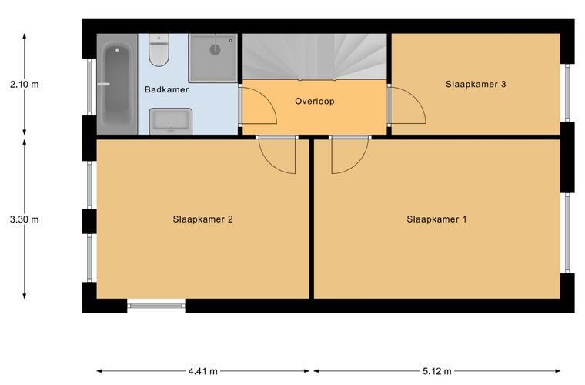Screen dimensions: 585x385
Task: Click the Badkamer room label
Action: tap(166, 89)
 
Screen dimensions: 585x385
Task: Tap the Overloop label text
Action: tap(315, 101)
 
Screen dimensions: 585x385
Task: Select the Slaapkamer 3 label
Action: tap(476, 84)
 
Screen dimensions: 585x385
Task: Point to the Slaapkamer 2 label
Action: tap(202, 219)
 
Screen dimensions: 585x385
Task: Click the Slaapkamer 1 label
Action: tap(436, 219)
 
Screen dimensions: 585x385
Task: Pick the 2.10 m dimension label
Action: tap(25, 85)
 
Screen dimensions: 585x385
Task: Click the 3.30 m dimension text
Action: tap(25, 219)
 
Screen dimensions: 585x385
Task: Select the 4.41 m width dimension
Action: tap(203, 371)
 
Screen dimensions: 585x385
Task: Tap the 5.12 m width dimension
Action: tap(437, 371)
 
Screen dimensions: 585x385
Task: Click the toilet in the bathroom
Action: tap(159, 50)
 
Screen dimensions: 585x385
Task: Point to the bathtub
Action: tap(117, 84)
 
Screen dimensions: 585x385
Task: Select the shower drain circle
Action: tap(215, 49)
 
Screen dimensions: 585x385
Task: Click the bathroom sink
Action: tap(171, 121)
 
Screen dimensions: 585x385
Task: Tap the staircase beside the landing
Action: tap(315, 57)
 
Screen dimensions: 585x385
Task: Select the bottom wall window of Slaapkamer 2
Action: tap(156, 306)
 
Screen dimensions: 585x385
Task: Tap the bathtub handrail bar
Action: tap(104, 84)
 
